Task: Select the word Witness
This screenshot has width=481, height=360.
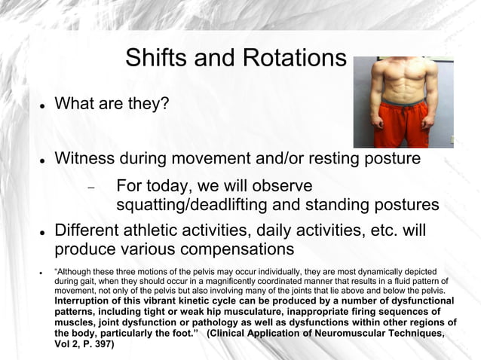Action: point(89,159)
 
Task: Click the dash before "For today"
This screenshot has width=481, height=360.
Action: point(90,188)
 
